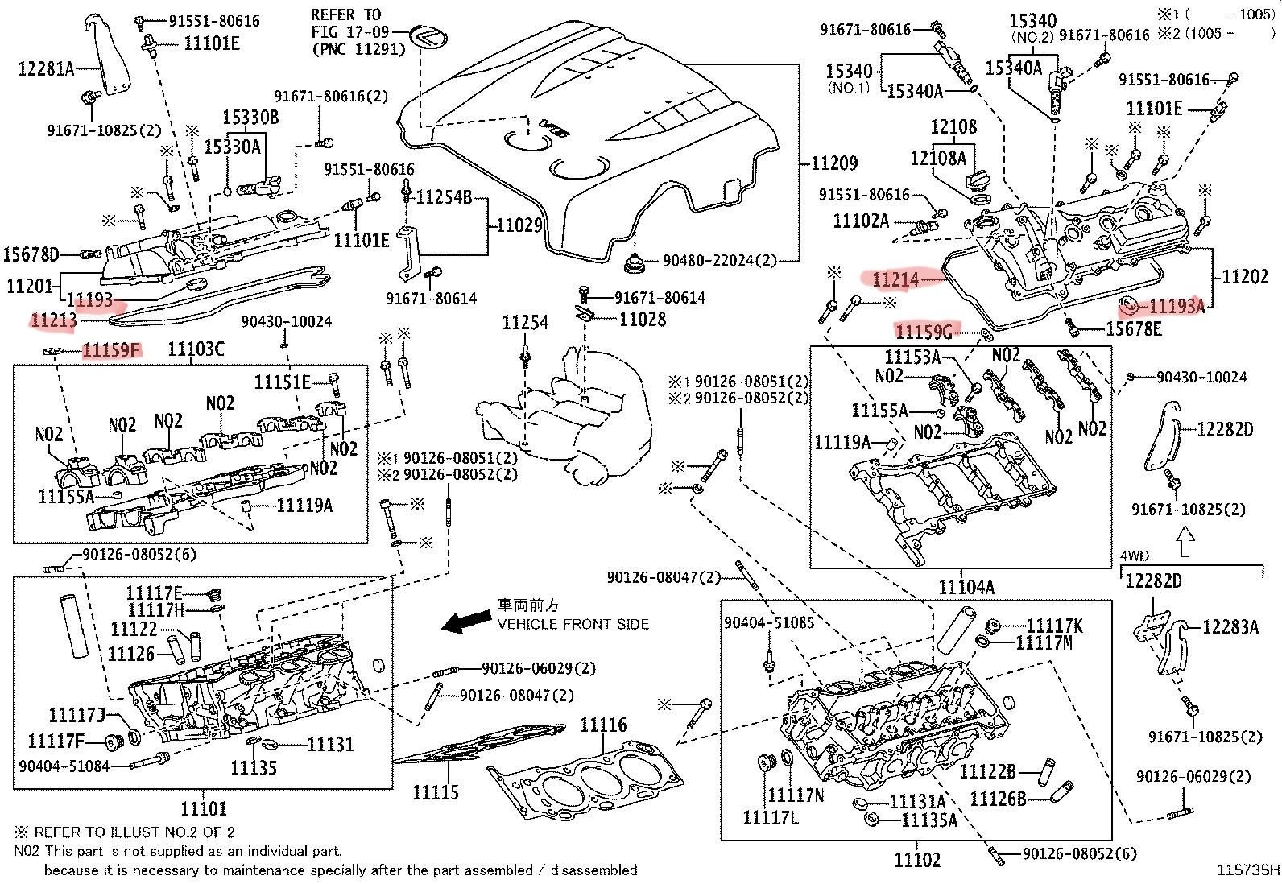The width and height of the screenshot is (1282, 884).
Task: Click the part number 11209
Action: [835, 163]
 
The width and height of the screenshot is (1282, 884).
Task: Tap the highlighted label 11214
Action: [895, 279]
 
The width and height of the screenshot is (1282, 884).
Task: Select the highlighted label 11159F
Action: [111, 349]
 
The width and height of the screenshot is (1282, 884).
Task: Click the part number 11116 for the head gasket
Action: [603, 725]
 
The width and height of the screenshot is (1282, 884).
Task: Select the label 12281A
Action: [46, 69]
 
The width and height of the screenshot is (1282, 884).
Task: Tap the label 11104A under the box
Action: [966, 588]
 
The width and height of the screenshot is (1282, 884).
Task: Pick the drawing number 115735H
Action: [1247, 870]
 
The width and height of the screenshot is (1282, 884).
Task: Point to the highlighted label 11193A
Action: [1176, 305]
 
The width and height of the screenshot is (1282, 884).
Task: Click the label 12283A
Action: [1230, 626]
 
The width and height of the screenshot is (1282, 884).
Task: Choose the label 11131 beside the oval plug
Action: [330, 744]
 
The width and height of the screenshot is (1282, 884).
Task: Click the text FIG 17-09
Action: [350, 32]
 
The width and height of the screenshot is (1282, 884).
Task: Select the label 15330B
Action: [250, 118]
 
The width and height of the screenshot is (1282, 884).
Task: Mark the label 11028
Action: [642, 319]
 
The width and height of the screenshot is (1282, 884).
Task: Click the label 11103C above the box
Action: [196, 349]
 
